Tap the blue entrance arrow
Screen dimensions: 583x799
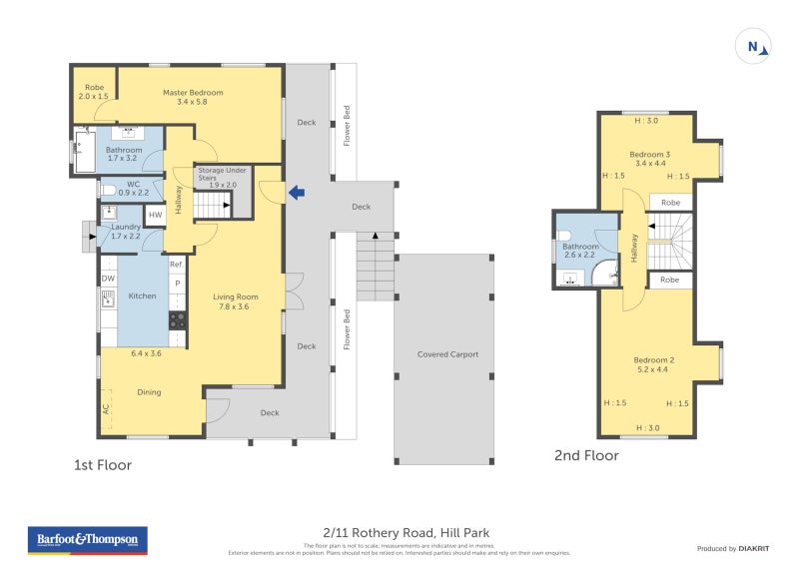click(296, 193)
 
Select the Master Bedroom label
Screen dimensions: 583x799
click(193, 97)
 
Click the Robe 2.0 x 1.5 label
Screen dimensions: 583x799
click(95, 92)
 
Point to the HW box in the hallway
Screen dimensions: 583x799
click(155, 215)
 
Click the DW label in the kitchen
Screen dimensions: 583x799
click(107, 279)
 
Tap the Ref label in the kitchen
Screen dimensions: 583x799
click(176, 265)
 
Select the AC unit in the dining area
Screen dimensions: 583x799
click(106, 408)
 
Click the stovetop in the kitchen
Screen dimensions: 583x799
click(177, 320)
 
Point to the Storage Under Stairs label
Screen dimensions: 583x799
click(217, 177)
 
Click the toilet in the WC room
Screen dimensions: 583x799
click(108, 189)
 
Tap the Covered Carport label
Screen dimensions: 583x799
click(446, 354)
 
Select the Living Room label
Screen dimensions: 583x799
click(236, 300)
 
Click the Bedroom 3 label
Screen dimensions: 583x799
click(649, 158)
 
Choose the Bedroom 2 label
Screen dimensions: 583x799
click(653, 364)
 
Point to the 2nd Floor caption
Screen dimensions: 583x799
click(586, 456)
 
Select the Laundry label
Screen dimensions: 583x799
click(125, 231)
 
